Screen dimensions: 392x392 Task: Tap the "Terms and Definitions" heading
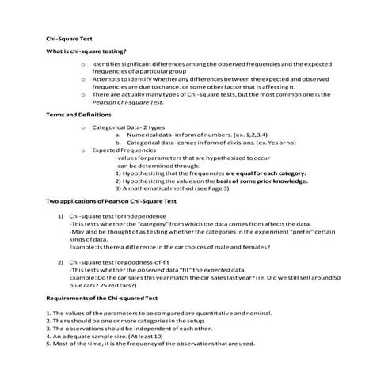[78, 116]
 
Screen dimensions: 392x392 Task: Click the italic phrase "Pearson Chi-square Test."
[127, 101]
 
